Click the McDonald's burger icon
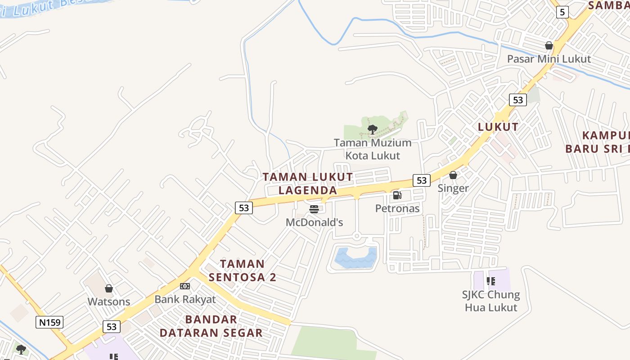coord(314,209)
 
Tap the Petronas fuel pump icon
coord(397,195)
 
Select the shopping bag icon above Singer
coord(453,175)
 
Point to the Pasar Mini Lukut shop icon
coord(549,45)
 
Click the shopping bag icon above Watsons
coord(108,288)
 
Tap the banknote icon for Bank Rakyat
coord(184,286)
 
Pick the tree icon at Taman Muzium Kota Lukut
coord(372,130)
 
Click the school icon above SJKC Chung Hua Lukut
coord(490,281)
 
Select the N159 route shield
coord(49,322)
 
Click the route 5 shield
coord(562,12)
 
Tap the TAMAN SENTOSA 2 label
coord(242,270)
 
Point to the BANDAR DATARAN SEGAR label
coord(211,326)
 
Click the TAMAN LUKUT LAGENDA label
coord(308,184)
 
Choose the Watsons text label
coord(109,301)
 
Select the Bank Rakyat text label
coord(185,299)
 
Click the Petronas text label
coord(397,208)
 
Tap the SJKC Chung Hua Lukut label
coord(490,301)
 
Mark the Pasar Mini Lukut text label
coord(549,59)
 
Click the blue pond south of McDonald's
coord(355,258)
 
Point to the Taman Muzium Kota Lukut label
coord(373,149)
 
